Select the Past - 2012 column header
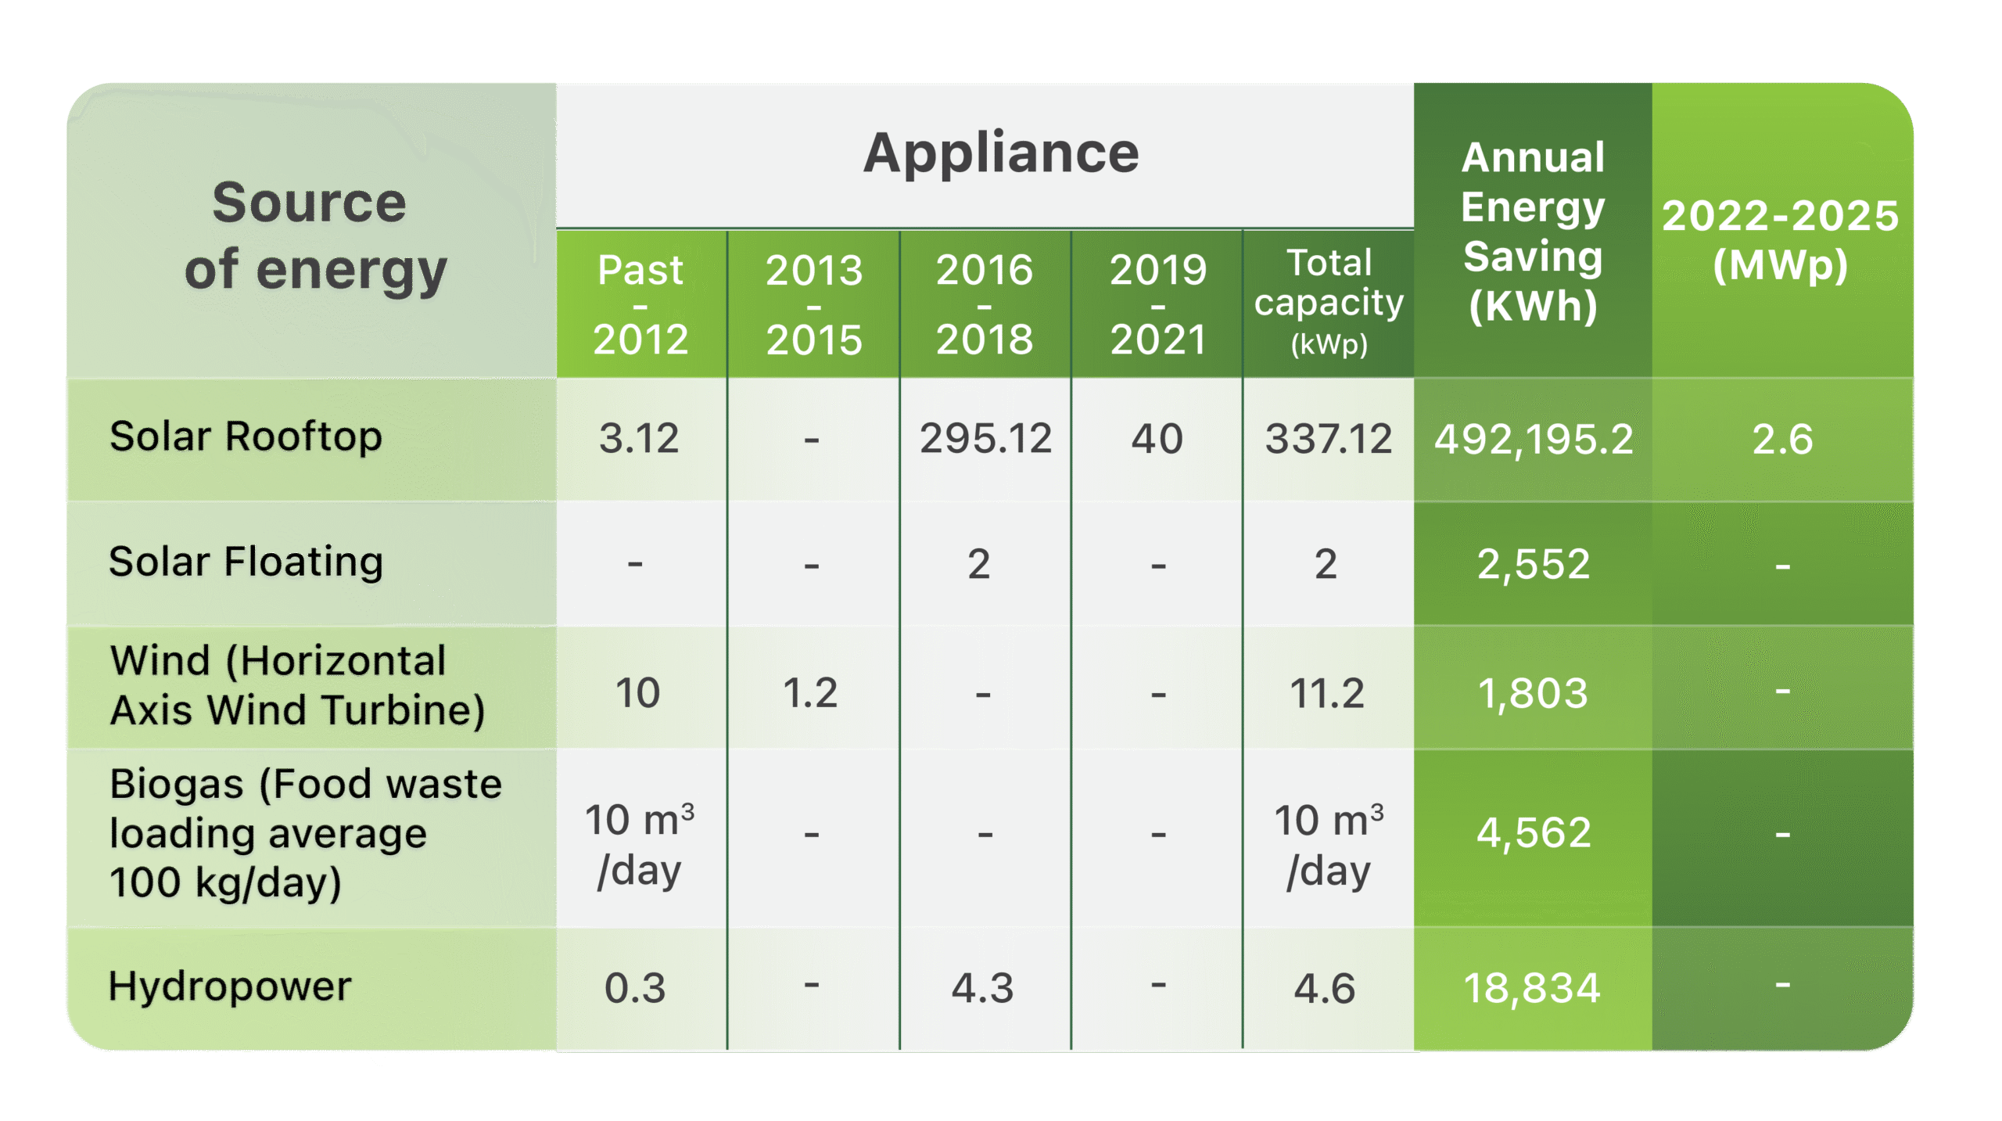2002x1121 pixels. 640,304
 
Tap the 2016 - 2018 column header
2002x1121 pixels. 985,304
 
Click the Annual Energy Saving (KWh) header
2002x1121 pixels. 1533,232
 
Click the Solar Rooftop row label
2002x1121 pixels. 246,437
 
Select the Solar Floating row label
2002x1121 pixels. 246,562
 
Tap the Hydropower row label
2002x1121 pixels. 230,986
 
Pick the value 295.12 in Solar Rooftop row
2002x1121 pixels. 985,438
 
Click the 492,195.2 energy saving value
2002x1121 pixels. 1534,440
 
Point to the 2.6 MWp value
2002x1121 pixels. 1782,440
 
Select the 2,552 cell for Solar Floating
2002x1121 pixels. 1534,564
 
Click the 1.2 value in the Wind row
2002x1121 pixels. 811,693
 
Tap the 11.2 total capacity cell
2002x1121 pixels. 1327,693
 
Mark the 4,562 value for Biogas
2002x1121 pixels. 1534,832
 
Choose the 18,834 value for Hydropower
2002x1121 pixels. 1532,988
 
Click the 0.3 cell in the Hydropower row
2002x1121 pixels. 635,988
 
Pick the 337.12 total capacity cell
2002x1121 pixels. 1329,438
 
